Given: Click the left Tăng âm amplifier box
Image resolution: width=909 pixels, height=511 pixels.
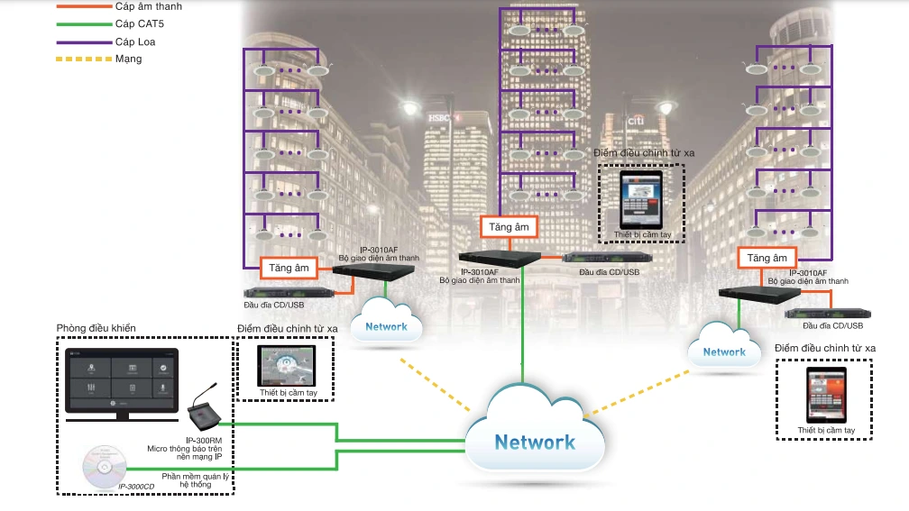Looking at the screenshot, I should [289, 268].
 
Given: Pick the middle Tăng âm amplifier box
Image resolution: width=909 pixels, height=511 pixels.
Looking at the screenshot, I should [510, 227].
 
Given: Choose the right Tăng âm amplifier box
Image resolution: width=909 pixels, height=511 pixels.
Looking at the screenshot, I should [767, 258].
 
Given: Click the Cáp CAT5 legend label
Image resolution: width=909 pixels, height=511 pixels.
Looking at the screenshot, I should [140, 23].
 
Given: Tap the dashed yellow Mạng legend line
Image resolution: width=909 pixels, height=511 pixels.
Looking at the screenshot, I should [81, 59].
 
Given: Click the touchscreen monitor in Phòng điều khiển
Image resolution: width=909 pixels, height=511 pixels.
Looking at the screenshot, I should [122, 379].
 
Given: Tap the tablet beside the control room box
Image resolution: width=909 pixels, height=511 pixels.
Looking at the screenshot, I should [288, 366].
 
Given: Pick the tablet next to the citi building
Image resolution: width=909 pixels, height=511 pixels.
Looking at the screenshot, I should [641, 199].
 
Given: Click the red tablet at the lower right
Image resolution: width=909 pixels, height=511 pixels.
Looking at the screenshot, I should [825, 393].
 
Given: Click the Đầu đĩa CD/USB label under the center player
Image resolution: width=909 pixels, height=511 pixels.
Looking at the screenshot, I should [609, 271].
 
